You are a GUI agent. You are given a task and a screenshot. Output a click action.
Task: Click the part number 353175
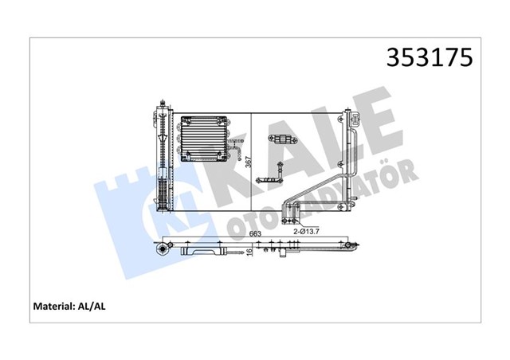(x=429, y=58)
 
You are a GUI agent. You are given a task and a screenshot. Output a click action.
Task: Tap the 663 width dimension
(x=255, y=233)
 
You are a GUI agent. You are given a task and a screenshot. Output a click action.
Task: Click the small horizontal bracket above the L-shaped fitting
(x=283, y=141)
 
